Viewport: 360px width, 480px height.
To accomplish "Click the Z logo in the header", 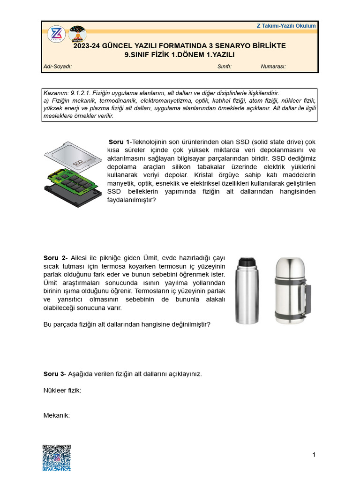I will click(x=57, y=35).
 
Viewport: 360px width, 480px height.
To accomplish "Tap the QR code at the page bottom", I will click(x=57, y=457).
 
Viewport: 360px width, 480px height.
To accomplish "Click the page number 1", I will click(x=314, y=455).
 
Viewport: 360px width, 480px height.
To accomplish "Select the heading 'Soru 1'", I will click(x=119, y=142).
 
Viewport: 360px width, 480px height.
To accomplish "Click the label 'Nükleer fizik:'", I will click(x=62, y=390).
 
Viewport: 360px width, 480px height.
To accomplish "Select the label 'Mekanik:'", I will click(x=57, y=415).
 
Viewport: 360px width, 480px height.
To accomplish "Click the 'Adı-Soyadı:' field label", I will click(x=57, y=67).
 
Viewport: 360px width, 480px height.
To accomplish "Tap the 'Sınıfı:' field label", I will click(x=224, y=67).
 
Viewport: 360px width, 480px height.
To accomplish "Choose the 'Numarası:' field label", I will click(x=273, y=67).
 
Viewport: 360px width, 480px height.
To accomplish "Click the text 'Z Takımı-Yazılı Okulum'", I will click(x=286, y=26).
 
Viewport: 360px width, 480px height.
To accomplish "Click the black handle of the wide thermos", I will click(x=307, y=298).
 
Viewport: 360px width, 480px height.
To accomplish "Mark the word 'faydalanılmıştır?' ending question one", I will click(x=131, y=200).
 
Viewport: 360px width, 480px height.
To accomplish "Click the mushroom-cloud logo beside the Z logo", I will click(x=77, y=35).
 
